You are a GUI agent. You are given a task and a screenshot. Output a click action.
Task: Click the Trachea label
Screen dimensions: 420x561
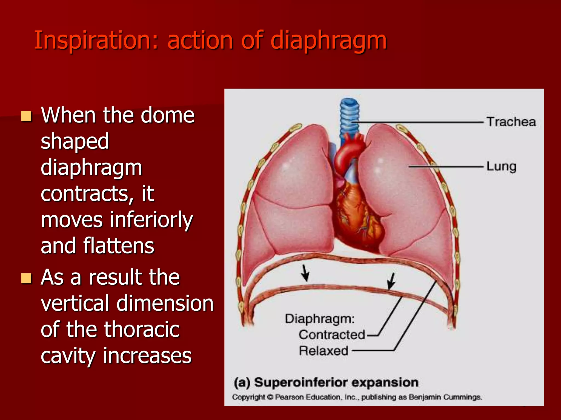pos(511,122)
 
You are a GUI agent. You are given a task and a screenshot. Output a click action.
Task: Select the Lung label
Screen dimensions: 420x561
pos(501,167)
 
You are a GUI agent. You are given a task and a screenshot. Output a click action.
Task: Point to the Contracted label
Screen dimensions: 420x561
pos(332,335)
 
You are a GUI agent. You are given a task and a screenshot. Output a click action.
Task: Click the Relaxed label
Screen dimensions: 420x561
pos(324,351)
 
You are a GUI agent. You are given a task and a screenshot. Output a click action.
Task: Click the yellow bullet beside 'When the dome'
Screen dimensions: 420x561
pos(26,116)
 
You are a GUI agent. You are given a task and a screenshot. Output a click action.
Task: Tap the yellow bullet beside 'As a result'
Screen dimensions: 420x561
pos(26,278)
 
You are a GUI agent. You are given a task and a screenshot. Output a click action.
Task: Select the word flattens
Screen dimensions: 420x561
pos(119,246)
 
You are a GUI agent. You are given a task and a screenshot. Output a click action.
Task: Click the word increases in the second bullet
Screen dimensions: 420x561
pos(147,356)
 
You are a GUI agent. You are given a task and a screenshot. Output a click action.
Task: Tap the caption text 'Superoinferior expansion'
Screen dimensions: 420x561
pos(336,382)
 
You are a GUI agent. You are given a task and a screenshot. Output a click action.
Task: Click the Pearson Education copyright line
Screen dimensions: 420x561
pos(357,397)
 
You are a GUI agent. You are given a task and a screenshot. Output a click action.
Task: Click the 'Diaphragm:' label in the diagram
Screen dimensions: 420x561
pos(320,319)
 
